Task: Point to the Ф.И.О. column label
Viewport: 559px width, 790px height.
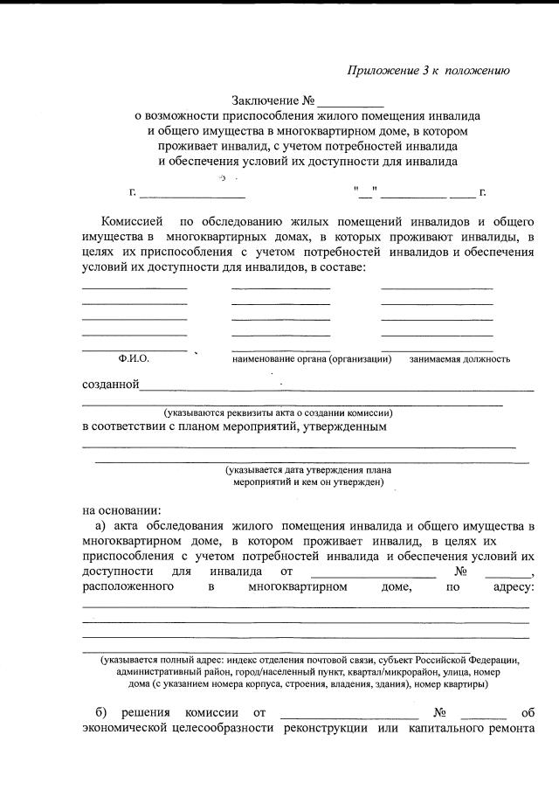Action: tap(133, 359)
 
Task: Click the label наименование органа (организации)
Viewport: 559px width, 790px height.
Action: tap(311, 359)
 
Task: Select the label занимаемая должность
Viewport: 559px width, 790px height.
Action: tap(459, 359)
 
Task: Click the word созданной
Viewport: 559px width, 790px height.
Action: tap(110, 385)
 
